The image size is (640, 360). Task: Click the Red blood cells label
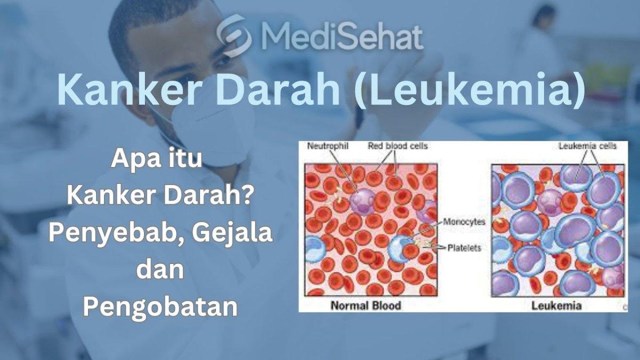pyautogui.click(x=398, y=146)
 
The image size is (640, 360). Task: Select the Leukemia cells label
pyautogui.click(x=587, y=146)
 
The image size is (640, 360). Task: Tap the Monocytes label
pyautogui.click(x=464, y=222)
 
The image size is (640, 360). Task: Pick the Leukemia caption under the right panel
pyautogui.click(x=556, y=306)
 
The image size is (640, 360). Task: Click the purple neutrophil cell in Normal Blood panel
pyautogui.click(x=363, y=201)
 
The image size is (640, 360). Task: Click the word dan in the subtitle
pyautogui.click(x=160, y=270)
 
